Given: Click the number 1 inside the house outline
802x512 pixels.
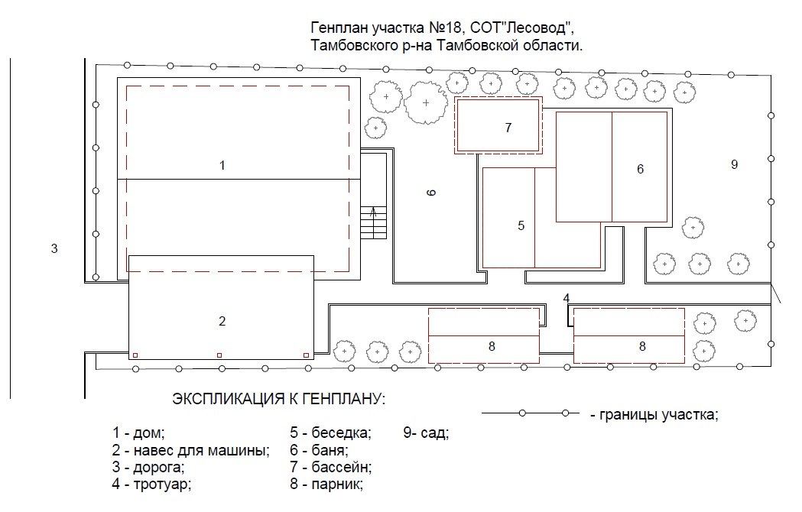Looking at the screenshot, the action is (222, 165).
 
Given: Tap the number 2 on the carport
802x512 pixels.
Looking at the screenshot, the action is (222, 321).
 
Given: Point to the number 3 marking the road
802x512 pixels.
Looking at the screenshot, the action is (54, 249).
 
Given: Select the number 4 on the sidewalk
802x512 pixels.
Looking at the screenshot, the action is (567, 298).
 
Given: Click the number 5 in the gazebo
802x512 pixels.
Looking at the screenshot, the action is (521, 225).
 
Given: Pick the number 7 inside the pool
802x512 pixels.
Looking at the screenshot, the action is (508, 128).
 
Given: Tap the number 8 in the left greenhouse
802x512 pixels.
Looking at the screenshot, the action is (492, 346).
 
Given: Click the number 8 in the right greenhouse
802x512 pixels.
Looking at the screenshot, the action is (642, 346).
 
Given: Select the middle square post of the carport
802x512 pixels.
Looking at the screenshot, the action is (219, 355).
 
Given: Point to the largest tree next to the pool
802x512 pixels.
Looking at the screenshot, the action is (426, 103).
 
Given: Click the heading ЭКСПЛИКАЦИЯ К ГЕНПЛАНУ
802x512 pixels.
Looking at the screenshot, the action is (279, 398).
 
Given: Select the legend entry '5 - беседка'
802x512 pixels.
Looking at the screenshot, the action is (330, 433).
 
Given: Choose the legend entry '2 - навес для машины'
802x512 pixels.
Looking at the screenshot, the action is (191, 451).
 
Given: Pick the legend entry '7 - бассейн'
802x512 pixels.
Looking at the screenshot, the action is (330, 467).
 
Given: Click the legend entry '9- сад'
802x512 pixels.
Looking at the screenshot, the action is (426, 433).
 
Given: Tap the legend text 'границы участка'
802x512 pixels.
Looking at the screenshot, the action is (659, 414).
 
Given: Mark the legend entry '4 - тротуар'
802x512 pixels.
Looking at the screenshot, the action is (151, 484).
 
